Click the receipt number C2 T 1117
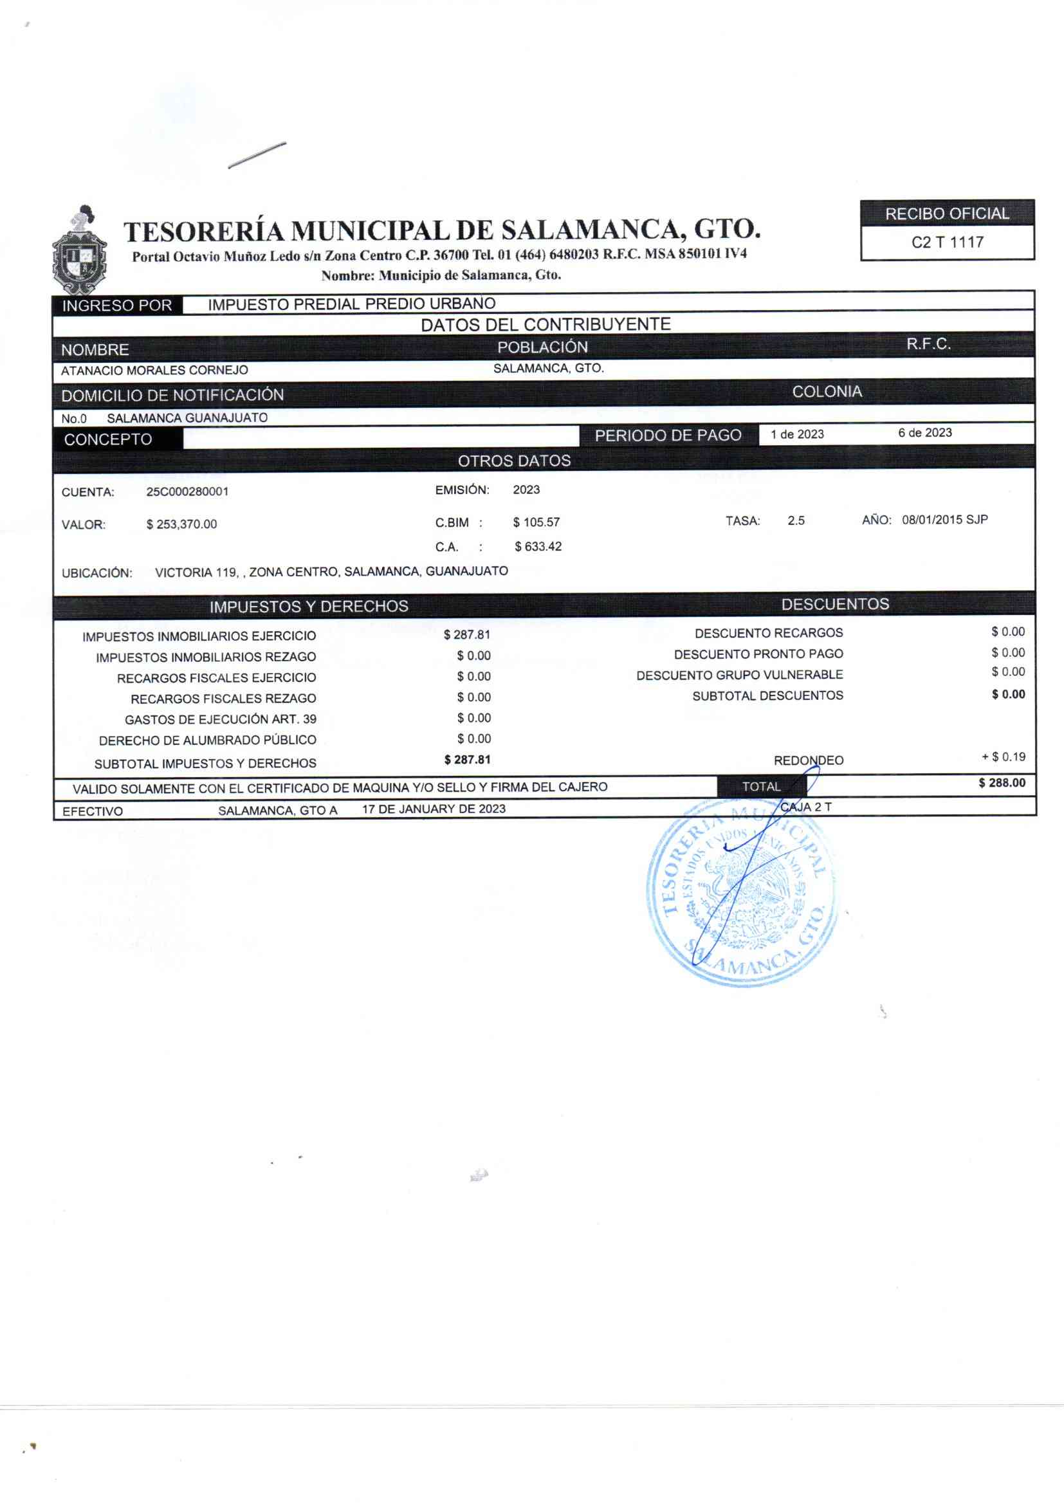tap(947, 243)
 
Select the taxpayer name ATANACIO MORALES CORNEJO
tap(154, 370)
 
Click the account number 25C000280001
tap(187, 491)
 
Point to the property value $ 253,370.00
tap(181, 524)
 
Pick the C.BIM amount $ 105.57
tap(536, 522)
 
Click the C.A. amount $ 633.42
tap(538, 546)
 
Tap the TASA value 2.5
tap(796, 521)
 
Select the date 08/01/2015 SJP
tap(944, 520)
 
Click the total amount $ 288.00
tap(1002, 783)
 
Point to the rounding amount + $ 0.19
tap(1003, 757)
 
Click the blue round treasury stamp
tap(742, 894)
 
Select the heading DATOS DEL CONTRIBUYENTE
tap(545, 324)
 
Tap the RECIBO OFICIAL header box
tap(947, 214)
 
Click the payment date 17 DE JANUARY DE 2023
tap(434, 809)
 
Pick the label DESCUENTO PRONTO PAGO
tap(758, 654)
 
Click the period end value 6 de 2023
tap(924, 432)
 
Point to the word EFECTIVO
tap(93, 811)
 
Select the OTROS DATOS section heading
tap(515, 461)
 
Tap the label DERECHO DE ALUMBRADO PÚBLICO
tap(208, 740)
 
